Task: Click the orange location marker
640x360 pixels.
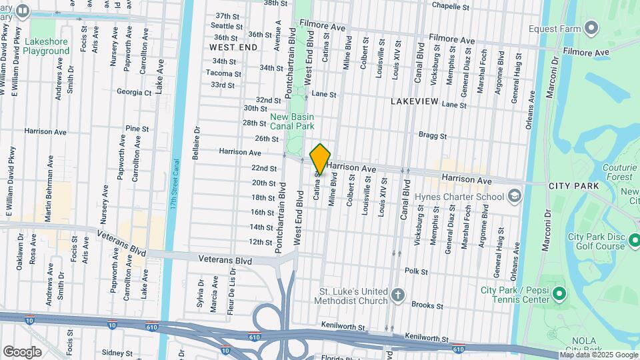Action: click(x=320, y=159)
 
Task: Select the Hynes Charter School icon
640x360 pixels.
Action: click(x=514, y=196)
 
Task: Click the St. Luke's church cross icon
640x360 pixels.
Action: click(x=398, y=295)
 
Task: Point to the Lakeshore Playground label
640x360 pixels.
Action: click(x=47, y=45)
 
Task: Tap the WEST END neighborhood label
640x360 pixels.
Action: click(x=233, y=48)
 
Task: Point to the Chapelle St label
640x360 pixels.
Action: click(x=455, y=6)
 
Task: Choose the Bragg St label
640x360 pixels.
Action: click(x=432, y=135)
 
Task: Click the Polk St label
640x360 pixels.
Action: click(x=415, y=271)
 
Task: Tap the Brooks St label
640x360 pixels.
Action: click(x=427, y=305)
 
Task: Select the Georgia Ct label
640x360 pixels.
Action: click(x=134, y=92)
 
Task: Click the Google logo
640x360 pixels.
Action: click(x=22, y=351)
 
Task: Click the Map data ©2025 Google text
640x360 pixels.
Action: click(x=598, y=355)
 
